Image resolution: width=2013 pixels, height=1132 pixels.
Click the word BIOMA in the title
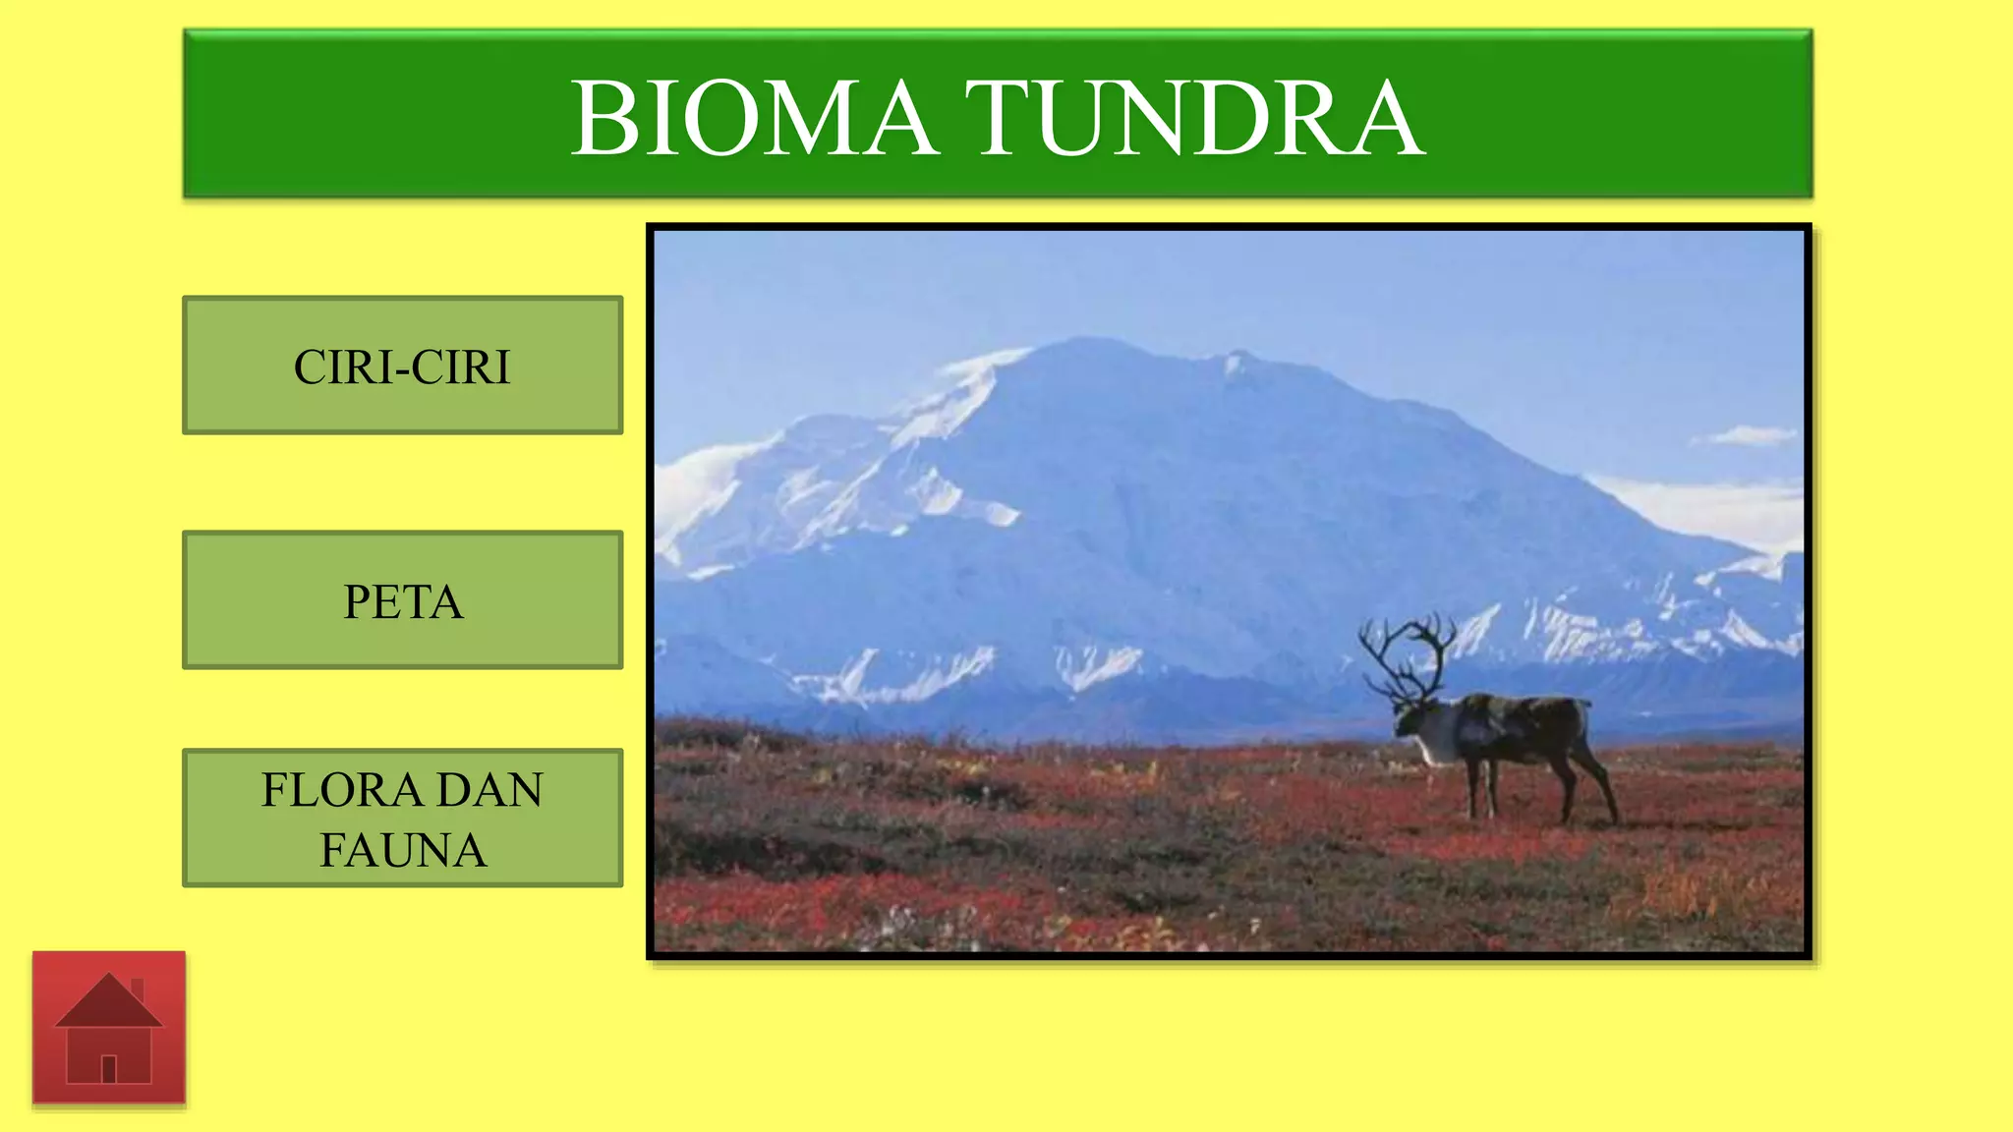754,119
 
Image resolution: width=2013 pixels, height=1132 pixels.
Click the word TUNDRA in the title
1193,119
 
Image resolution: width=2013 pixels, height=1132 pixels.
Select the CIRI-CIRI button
402,366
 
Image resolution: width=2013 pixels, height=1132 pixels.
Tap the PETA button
402,600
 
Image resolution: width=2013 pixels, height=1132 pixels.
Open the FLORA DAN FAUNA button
402,819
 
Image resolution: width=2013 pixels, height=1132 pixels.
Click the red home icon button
109,1028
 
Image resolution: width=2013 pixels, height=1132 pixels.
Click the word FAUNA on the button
402,850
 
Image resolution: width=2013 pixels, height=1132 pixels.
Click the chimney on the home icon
138,989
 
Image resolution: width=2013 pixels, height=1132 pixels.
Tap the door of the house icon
109,1068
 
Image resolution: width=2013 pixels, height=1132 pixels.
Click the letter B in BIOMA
602,119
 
